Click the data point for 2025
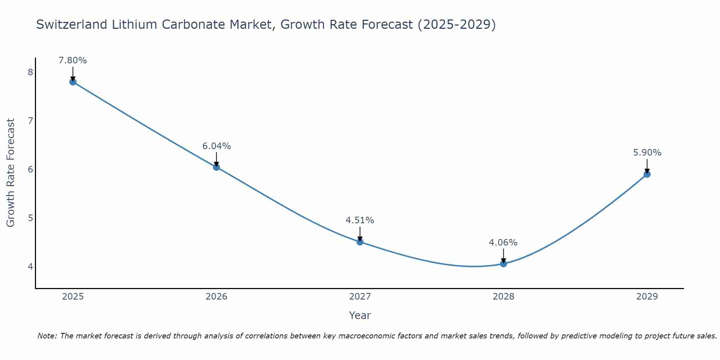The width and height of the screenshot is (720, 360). (73, 82)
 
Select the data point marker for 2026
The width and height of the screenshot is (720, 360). (216, 167)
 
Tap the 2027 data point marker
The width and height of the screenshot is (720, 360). (360, 242)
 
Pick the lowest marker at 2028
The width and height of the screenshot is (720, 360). (503, 264)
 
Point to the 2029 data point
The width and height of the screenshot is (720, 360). (647, 174)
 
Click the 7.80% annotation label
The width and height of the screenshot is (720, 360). (73, 60)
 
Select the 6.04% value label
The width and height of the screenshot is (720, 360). (216, 146)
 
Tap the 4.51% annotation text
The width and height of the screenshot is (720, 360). (360, 220)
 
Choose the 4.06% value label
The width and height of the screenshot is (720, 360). (503, 243)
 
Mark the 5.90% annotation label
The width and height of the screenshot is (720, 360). (647, 153)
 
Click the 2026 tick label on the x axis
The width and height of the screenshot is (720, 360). (216, 297)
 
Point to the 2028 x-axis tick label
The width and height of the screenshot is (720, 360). (503, 297)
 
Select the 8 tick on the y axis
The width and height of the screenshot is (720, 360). (30, 72)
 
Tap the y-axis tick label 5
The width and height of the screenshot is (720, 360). (30, 218)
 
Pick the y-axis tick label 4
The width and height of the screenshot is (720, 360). (30, 266)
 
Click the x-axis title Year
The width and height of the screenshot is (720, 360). (360, 315)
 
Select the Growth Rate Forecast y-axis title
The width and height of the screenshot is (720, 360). (11, 173)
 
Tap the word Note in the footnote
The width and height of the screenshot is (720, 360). (47, 336)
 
